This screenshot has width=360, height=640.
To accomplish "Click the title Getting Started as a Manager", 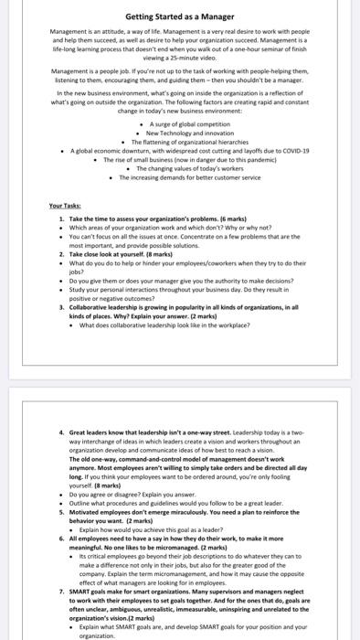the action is (180, 16).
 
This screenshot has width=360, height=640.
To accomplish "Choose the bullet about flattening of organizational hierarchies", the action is (190, 142).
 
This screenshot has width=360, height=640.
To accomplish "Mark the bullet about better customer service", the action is (190, 176).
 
